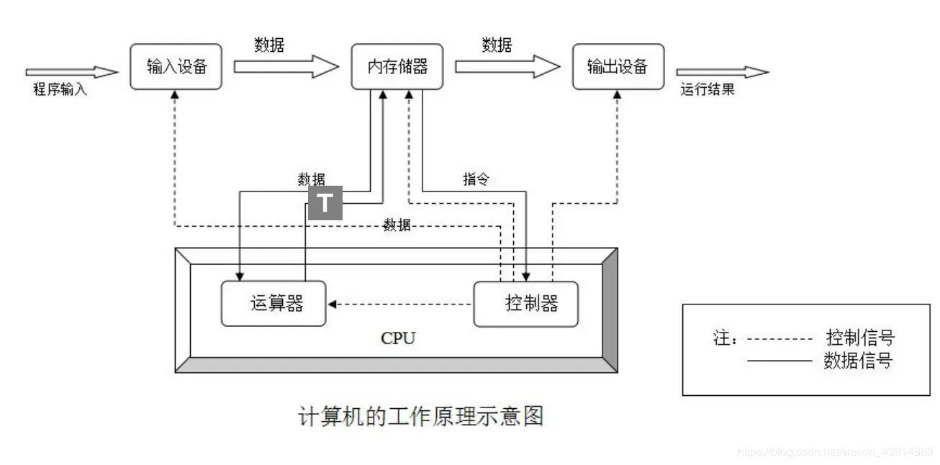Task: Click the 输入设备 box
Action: point(176,67)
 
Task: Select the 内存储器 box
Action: point(397,67)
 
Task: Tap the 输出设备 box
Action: point(618,67)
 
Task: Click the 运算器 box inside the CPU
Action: point(273,303)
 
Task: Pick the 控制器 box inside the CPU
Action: point(526,303)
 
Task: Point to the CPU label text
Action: point(398,338)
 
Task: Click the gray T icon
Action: point(325,203)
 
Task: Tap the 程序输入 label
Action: point(60,90)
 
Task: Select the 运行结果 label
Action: point(708,90)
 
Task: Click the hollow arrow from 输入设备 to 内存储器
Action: point(285,67)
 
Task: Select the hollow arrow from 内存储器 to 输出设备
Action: point(507,67)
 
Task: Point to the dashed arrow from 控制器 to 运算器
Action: point(399,304)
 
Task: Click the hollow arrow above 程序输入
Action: point(71,72)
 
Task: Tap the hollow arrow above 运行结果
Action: point(722,72)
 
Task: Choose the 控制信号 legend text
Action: point(860,337)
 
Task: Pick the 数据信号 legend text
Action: point(857,361)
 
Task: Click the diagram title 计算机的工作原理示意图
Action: point(420,416)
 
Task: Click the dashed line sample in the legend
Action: point(779,338)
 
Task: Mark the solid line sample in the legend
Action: point(779,361)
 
